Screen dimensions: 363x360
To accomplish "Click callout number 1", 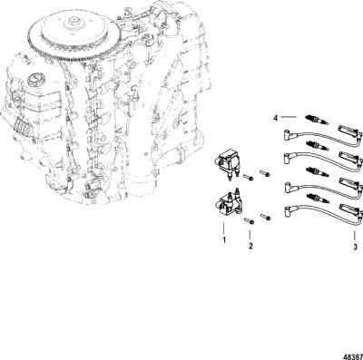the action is (224, 240).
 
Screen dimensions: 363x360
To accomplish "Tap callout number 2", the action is (250, 246).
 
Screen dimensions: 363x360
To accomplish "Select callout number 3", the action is (355, 247).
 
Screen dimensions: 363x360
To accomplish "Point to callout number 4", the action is (275, 118).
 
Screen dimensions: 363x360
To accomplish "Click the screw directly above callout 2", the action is (250, 221).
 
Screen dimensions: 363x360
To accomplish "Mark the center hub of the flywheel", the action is (74, 22).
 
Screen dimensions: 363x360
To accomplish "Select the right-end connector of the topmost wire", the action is (349, 131).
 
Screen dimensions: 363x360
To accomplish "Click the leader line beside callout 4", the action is (289, 117).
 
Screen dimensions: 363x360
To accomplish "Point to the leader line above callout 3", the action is (355, 235).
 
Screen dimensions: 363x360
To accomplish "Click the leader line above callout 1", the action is (224, 229).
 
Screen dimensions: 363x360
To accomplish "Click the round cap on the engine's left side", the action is (34, 81).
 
